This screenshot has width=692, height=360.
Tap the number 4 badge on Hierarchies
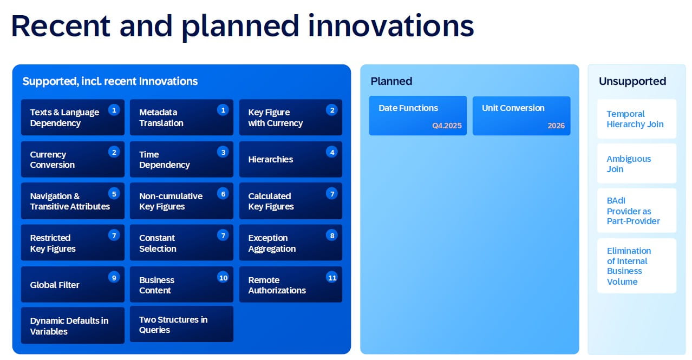tap(332, 152)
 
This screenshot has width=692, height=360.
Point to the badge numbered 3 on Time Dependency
tap(223, 152)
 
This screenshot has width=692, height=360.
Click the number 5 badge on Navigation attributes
tap(114, 193)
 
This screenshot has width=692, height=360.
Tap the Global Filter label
tap(55, 285)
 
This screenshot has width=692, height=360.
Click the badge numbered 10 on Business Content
tap(223, 278)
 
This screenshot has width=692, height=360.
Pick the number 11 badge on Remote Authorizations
tap(332, 278)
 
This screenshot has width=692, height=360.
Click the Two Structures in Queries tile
tap(181, 325)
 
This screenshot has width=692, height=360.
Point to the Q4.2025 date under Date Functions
tap(447, 126)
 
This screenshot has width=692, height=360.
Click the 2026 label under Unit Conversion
tap(556, 126)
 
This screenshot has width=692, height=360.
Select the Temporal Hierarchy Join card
tap(636, 119)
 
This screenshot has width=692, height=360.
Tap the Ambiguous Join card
tap(636, 163)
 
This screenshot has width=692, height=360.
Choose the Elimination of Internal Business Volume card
tap(636, 266)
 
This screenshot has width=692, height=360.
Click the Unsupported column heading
tap(632, 81)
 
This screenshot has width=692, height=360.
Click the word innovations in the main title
tap(390, 25)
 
